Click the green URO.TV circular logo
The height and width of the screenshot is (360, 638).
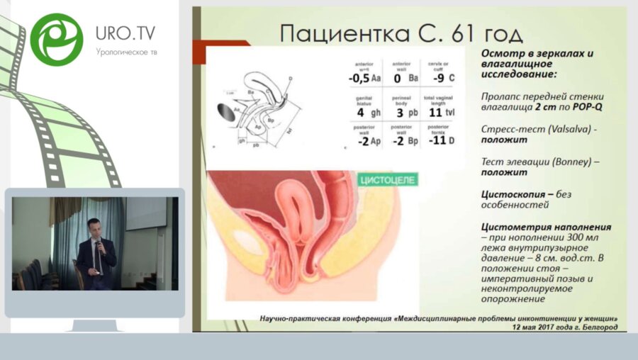[57, 39]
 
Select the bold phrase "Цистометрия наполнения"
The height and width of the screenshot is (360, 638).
[545, 227]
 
